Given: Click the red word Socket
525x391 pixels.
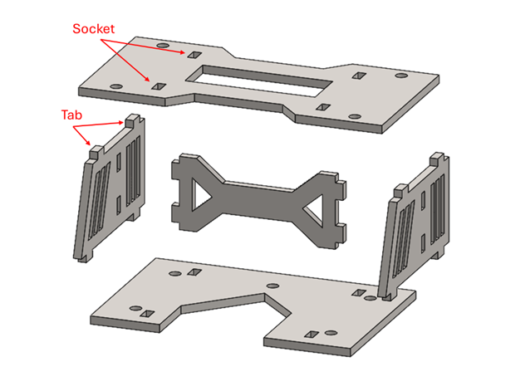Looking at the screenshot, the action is pyautogui.click(x=93, y=29).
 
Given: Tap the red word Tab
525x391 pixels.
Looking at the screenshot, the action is pyautogui.click(x=71, y=115).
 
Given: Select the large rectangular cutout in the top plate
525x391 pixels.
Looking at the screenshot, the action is pyautogui.click(x=258, y=81).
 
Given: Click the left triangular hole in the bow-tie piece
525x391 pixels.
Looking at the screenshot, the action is pyautogui.click(x=201, y=194).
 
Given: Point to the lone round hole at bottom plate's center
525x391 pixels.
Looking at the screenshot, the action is pyautogui.click(x=272, y=286).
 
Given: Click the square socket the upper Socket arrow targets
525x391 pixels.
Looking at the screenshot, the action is pyautogui.click(x=194, y=55).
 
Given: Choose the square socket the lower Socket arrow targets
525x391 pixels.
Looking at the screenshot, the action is pyautogui.click(x=159, y=86).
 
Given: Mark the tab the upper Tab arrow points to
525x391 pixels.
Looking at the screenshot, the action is pyautogui.click(x=132, y=120).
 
